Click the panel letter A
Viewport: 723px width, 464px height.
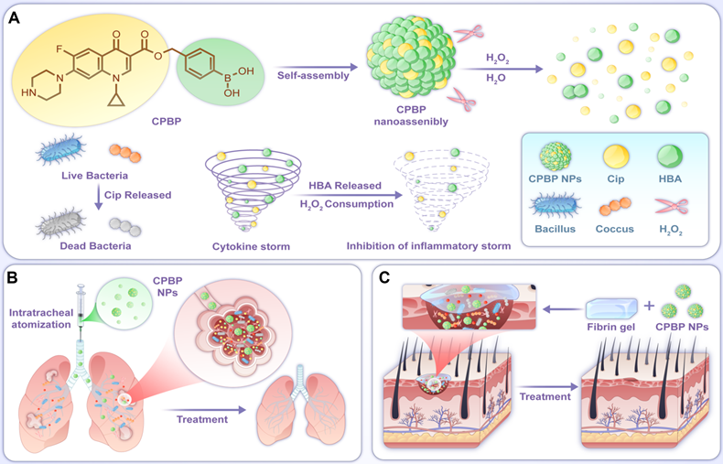[x=15, y=16]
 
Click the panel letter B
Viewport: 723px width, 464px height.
[x=15, y=274]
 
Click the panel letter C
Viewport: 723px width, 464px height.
[x=387, y=274]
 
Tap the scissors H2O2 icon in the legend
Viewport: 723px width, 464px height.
[x=674, y=208]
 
